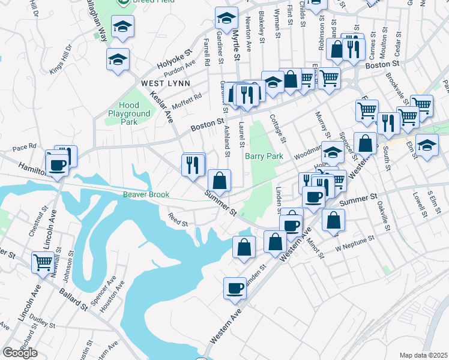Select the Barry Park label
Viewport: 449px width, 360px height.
point(264,157)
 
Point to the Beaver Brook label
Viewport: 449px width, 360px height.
point(146,194)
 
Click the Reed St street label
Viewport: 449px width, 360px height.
point(178,220)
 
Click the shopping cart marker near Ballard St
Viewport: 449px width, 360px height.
point(43,263)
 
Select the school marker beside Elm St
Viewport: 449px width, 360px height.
point(426,146)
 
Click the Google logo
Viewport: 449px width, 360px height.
point(20,352)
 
